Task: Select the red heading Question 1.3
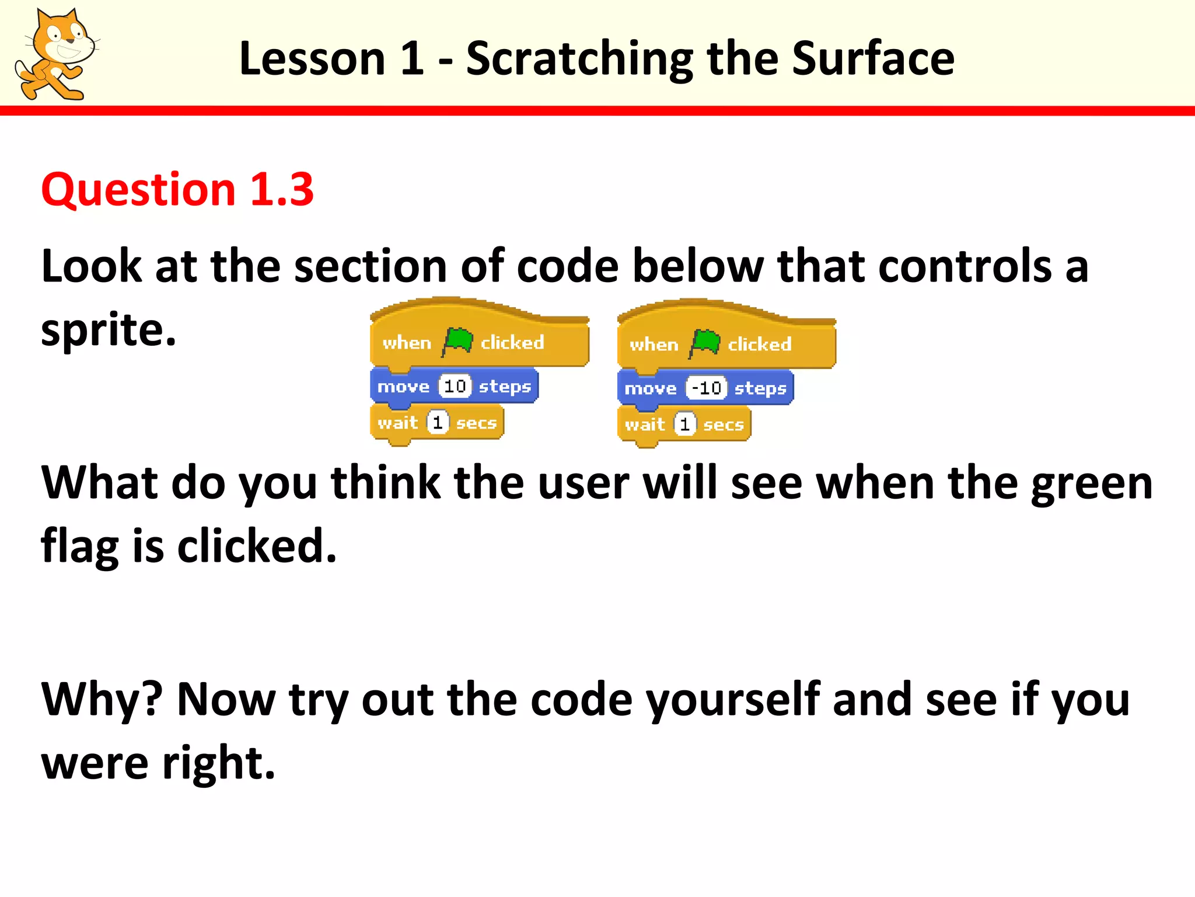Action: tap(177, 190)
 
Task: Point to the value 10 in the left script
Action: tap(455, 386)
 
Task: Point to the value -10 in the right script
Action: tap(706, 388)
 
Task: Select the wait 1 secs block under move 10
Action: tap(436, 423)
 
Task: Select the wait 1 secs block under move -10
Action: tap(684, 425)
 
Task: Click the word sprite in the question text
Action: tap(108, 331)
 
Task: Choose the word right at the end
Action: tap(217, 763)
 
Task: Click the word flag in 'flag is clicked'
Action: tap(80, 547)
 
